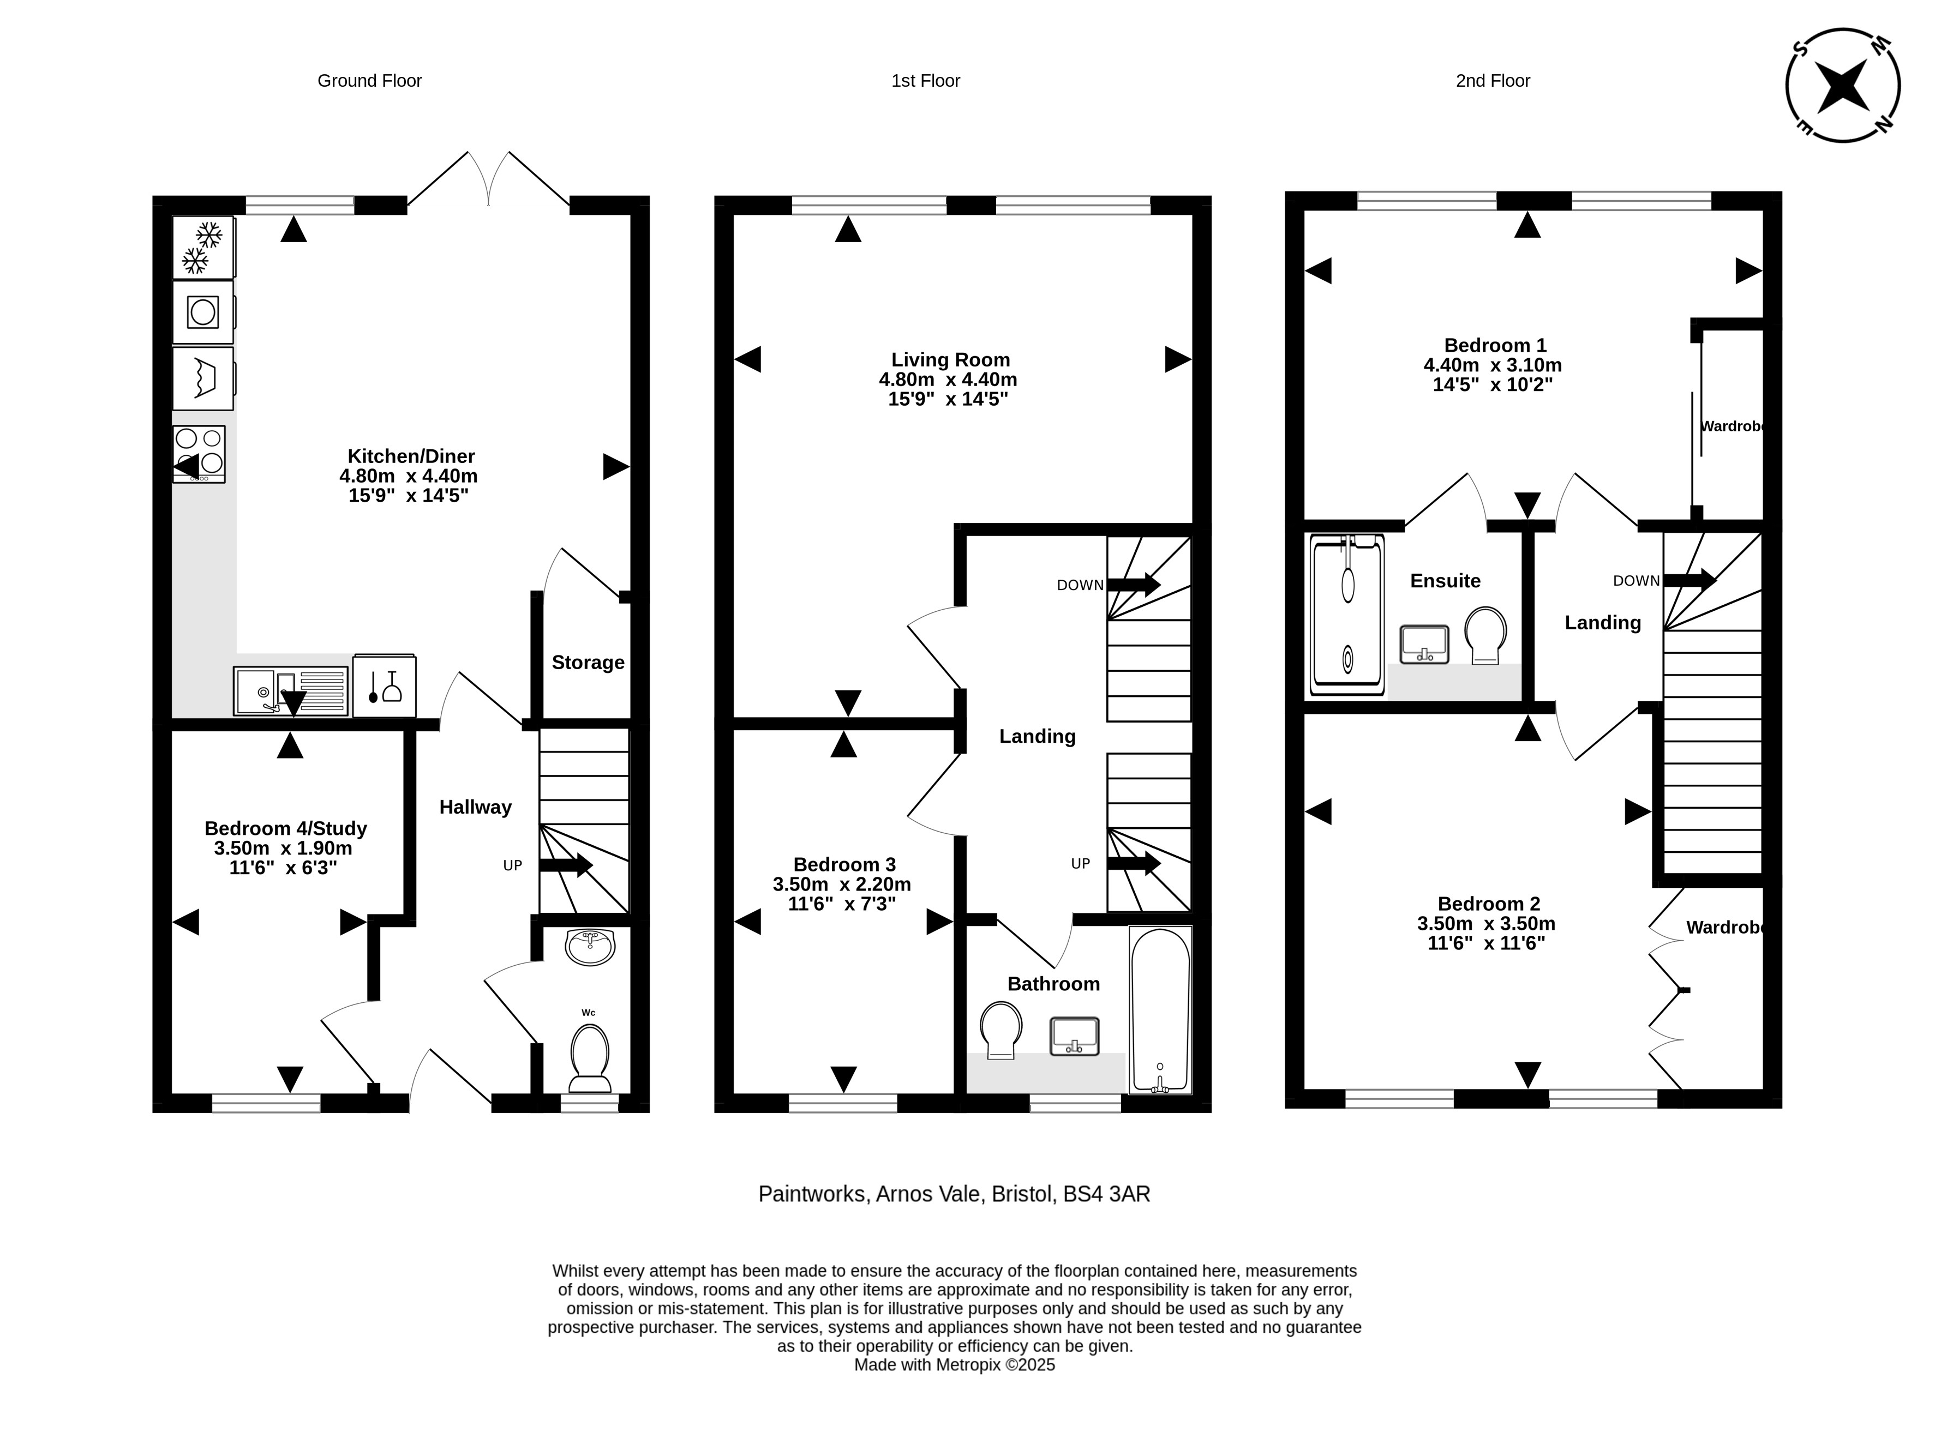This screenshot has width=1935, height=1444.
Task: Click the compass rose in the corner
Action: [x=1842, y=86]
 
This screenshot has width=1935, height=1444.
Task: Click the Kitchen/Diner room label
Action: [x=411, y=456]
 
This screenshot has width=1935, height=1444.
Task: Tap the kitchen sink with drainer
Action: [x=290, y=690]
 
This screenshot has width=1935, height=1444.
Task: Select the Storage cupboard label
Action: [x=588, y=663]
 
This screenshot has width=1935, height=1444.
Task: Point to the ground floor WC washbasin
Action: [x=590, y=947]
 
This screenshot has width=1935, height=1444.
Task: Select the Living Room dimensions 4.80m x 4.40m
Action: [x=948, y=380]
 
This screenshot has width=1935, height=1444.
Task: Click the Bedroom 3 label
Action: [x=844, y=864]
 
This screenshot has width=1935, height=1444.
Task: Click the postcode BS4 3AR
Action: [x=1106, y=1194]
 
